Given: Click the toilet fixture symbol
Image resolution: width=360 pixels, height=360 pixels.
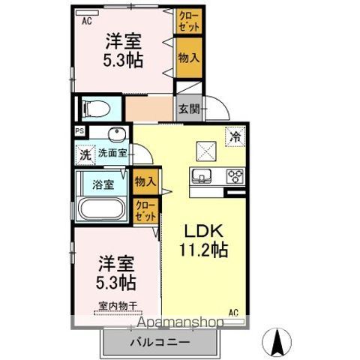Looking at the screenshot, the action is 97,109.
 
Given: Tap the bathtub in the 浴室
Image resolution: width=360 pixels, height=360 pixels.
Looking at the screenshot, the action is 101,208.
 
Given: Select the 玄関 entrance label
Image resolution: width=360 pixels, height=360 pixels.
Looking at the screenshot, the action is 189,109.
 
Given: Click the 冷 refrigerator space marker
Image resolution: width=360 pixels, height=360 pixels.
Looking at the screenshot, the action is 235,136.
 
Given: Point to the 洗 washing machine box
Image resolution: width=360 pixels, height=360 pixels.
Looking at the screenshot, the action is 85,155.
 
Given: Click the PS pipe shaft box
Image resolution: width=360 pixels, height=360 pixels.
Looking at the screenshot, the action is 80,131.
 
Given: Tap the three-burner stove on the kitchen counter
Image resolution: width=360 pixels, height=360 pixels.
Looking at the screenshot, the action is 235,176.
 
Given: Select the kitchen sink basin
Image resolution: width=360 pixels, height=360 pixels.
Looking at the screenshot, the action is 201,175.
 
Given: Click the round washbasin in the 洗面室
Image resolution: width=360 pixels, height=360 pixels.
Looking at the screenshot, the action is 116,133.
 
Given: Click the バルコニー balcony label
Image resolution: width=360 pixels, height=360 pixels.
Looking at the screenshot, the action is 160,342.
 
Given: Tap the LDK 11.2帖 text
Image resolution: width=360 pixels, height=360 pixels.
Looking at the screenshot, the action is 203,241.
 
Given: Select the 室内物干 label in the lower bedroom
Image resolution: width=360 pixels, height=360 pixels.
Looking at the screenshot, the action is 118,306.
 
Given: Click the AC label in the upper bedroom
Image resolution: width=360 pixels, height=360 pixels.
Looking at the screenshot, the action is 87,21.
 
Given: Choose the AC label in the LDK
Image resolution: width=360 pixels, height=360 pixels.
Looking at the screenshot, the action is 233,313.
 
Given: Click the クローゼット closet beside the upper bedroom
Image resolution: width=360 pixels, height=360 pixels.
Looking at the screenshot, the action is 189,21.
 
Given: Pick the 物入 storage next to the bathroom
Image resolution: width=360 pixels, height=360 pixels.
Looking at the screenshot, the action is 145,181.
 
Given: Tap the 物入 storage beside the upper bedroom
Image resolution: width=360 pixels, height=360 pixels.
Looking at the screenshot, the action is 189,58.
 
